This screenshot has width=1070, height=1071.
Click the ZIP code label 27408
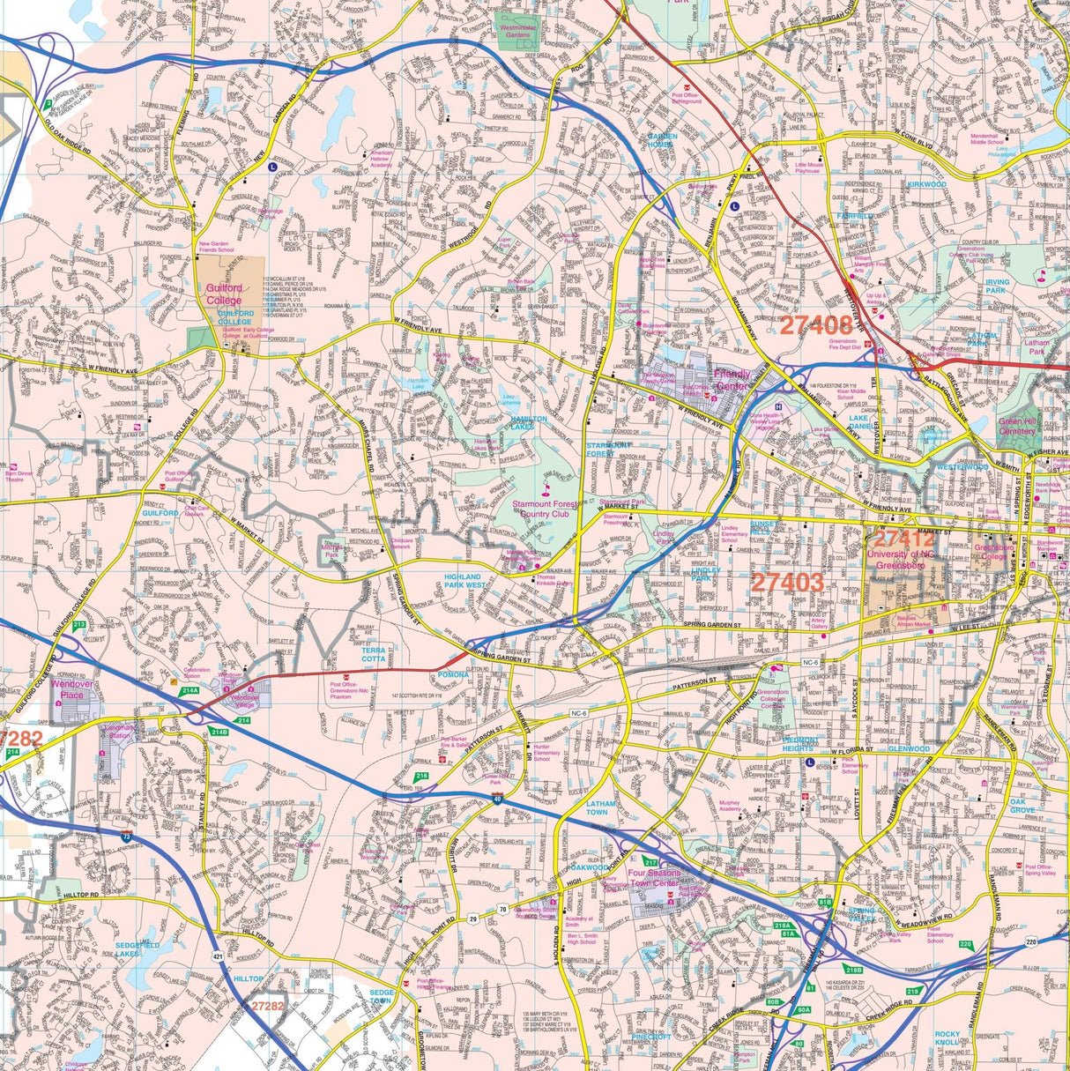[815, 325]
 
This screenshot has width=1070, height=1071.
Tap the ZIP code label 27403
[787, 582]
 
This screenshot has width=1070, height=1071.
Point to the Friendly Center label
[731, 379]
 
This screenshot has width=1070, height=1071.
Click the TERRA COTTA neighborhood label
[373, 655]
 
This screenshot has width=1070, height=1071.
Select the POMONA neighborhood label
[454, 675]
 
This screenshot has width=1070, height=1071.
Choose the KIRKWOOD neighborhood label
[926, 185]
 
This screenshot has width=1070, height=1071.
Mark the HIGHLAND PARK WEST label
[464, 580]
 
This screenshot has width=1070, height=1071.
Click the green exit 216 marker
[422, 777]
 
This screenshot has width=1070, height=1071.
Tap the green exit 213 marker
[79, 625]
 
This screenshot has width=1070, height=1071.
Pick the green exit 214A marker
[189, 692]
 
